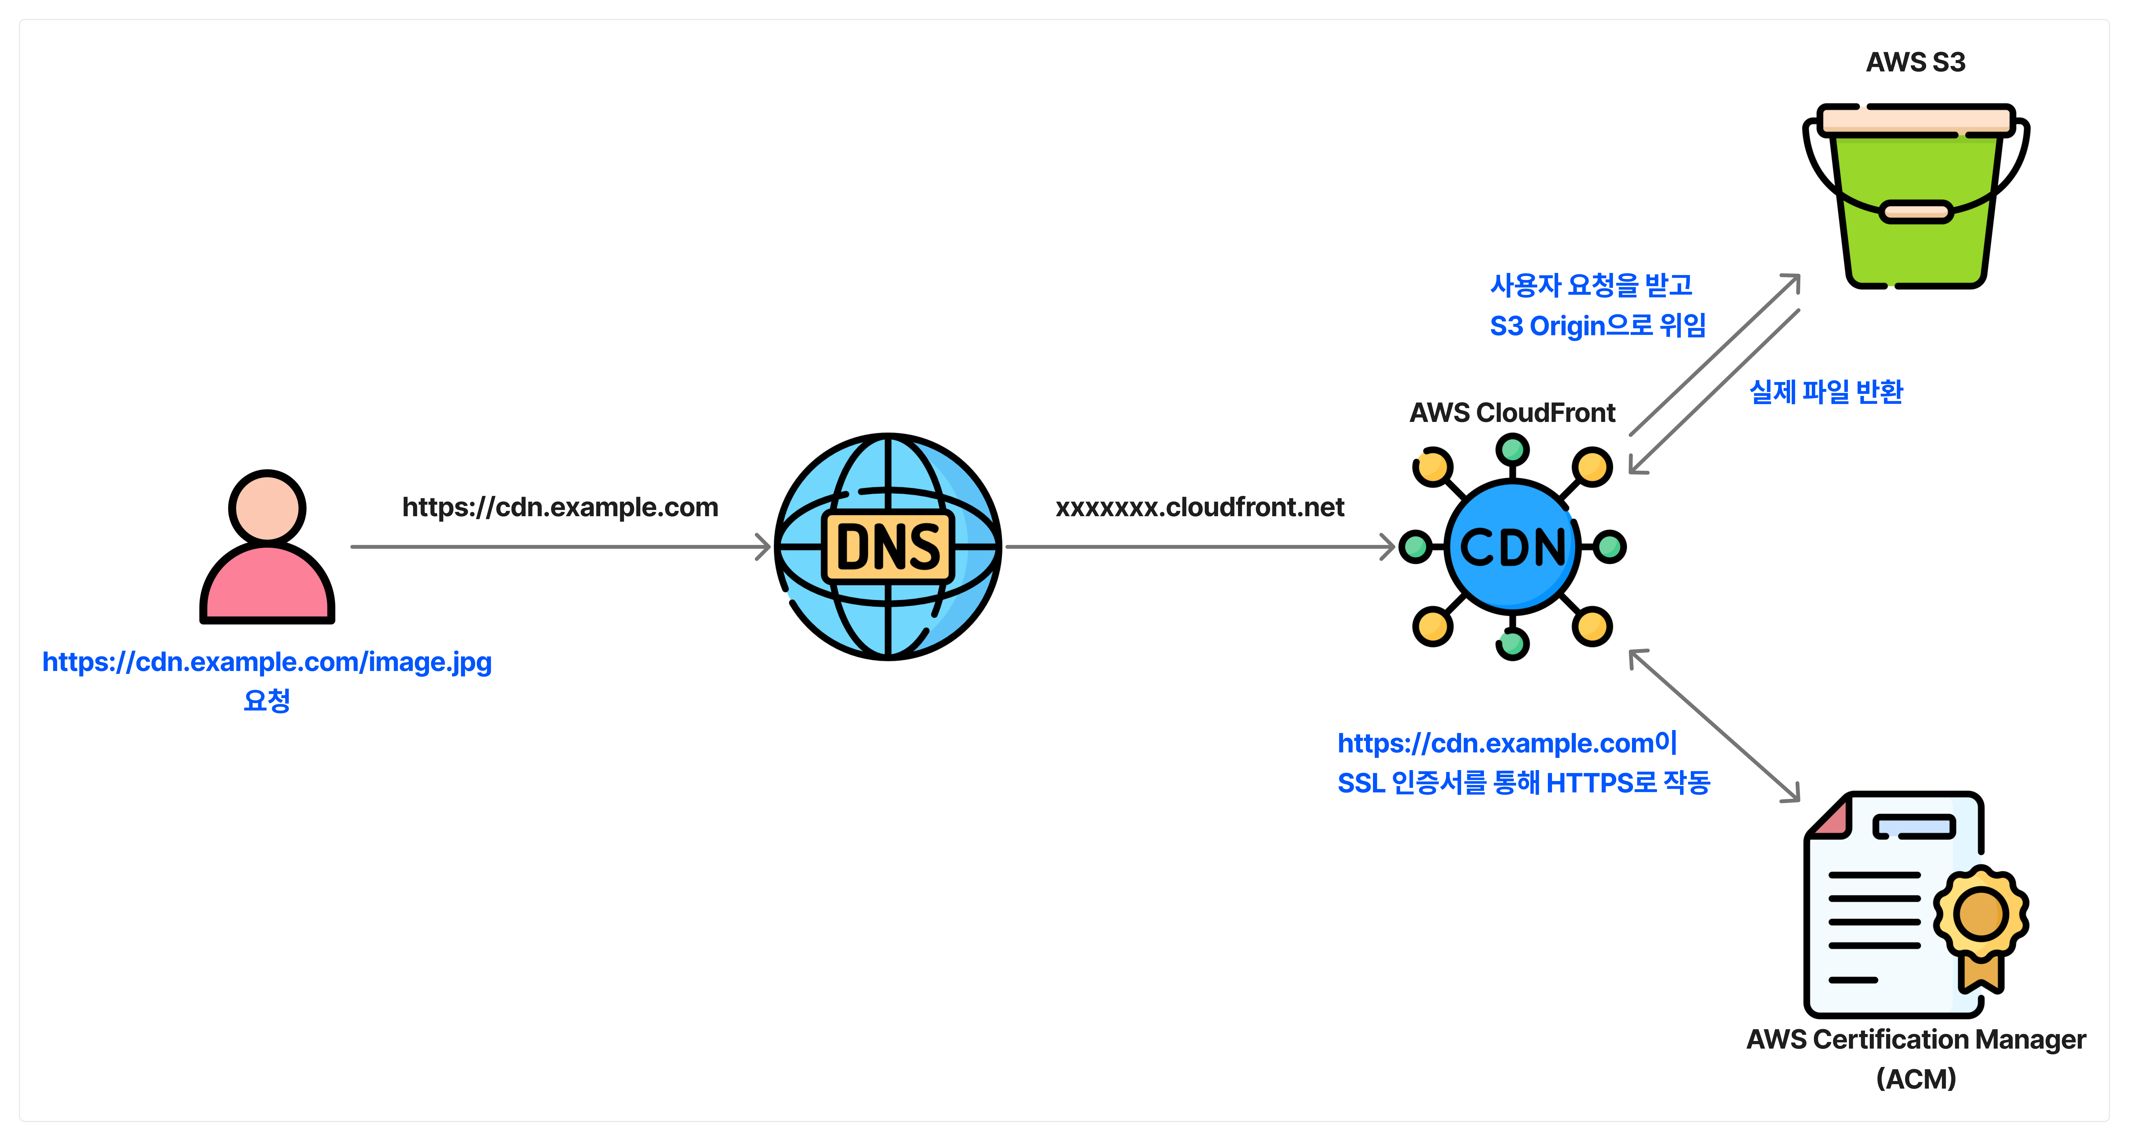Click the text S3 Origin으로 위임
[1597, 326]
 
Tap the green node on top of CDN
[1512, 450]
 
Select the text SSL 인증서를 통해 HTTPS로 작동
[1523, 782]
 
